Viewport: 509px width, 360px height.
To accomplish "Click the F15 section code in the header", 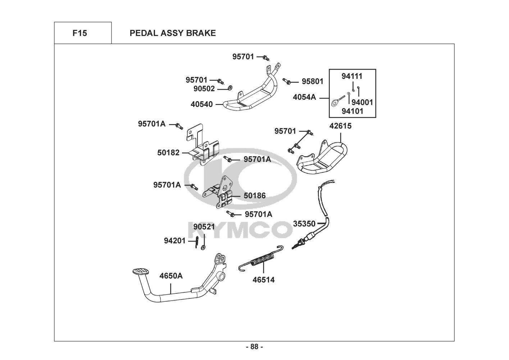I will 79,33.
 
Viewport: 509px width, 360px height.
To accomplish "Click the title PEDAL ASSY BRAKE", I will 173,33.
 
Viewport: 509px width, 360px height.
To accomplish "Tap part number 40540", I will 201,104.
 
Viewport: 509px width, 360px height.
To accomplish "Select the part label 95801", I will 312,82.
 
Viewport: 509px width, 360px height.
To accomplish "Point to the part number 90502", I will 204,89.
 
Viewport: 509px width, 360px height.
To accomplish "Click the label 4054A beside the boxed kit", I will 304,97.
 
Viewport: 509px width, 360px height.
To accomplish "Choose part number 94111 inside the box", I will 352,76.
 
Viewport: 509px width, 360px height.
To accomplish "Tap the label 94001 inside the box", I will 362,102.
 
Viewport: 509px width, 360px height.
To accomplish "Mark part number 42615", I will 341,126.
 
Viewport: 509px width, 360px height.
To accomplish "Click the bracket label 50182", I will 168,153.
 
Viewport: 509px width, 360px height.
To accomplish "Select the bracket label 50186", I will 255,196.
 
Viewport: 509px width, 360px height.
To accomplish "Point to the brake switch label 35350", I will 304,224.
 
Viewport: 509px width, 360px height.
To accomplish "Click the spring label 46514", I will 263,280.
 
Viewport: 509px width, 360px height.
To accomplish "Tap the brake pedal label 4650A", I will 171,276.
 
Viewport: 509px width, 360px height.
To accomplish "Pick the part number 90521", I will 204,227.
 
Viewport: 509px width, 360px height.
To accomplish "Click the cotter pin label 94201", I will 175,240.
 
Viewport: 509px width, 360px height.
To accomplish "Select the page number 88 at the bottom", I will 254,347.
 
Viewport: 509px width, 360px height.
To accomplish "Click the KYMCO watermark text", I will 239,230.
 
